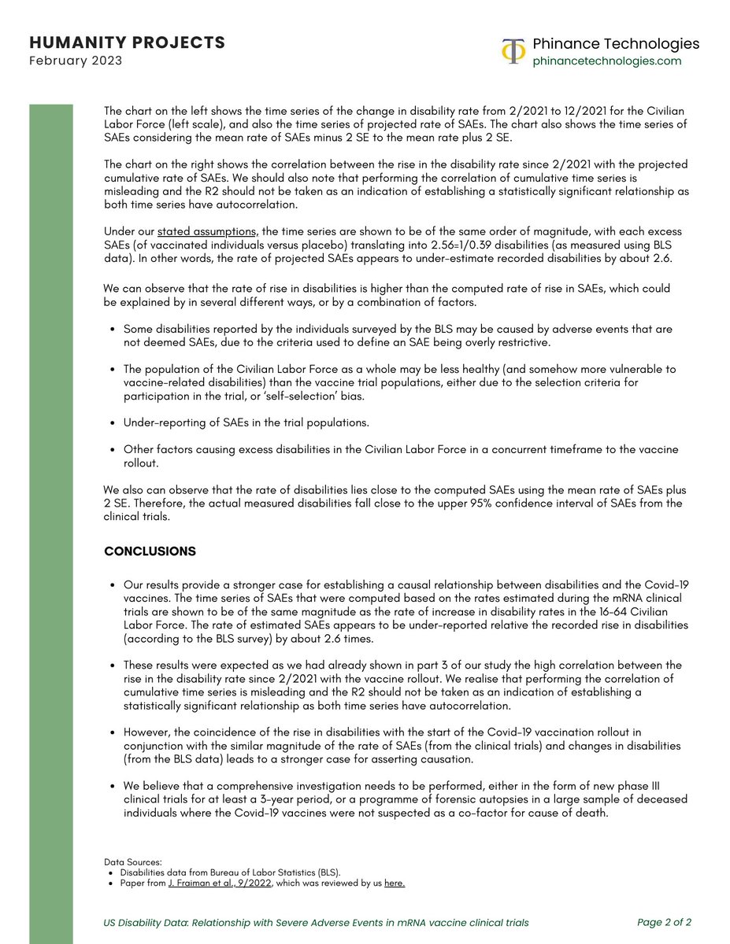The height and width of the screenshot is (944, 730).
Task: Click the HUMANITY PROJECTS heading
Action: pos(126,42)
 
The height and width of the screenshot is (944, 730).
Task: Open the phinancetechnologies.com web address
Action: pos(607,61)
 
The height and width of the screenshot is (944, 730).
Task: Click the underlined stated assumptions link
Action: pos(206,232)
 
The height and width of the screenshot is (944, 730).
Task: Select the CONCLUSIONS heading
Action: pos(150,551)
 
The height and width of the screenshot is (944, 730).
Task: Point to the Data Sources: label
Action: pos(132,862)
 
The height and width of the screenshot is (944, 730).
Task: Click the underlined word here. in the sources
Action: pos(395,883)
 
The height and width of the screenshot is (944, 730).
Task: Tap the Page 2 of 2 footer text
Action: pos(664,922)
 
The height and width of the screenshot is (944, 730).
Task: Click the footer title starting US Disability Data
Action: pos(316,922)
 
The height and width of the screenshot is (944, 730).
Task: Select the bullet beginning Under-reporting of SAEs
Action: pos(246,422)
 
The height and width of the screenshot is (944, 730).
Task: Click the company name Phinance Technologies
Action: pos(616,43)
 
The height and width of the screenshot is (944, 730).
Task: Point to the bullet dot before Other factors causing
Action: pos(113,450)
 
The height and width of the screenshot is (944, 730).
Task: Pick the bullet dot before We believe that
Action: pos(113,786)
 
